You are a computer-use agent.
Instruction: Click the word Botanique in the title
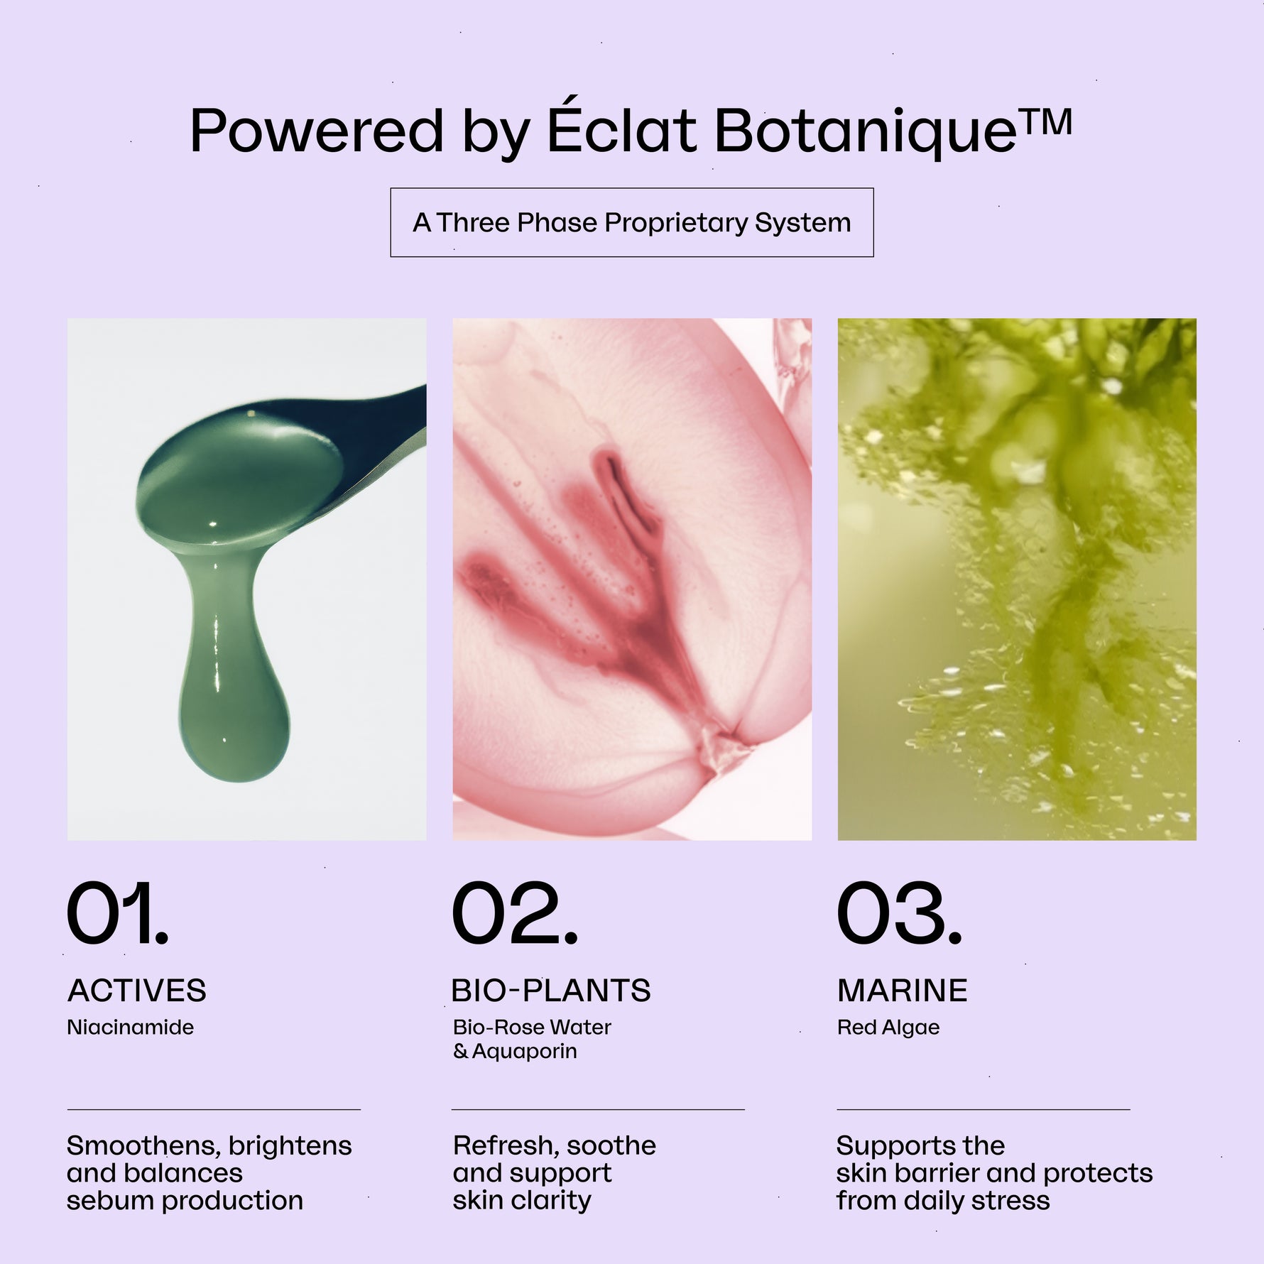(866, 132)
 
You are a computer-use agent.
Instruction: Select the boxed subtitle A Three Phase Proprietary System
(632, 222)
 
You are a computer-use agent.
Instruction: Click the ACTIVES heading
(137, 991)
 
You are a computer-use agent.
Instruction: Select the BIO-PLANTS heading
(551, 991)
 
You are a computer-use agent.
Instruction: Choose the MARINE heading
(903, 991)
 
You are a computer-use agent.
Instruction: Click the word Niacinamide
(131, 1027)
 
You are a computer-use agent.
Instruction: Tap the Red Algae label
(888, 1028)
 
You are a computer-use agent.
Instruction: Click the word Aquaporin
(525, 1052)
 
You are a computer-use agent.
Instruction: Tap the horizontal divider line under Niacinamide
(214, 1109)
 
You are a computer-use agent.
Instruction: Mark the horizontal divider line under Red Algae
(984, 1109)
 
